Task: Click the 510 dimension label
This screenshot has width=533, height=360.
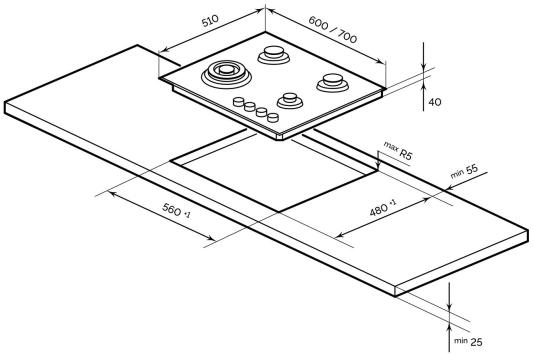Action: (210, 21)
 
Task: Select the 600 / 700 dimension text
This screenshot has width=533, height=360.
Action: (333, 30)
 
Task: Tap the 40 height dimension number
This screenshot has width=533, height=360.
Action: (435, 102)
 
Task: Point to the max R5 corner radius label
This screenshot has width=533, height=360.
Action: (398, 150)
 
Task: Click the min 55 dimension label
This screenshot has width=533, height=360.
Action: (464, 172)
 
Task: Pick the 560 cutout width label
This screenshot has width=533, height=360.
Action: (176, 210)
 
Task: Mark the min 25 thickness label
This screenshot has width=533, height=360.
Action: (468, 341)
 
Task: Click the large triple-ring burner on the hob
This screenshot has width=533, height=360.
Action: (226, 74)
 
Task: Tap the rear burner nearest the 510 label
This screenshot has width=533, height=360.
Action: (274, 55)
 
